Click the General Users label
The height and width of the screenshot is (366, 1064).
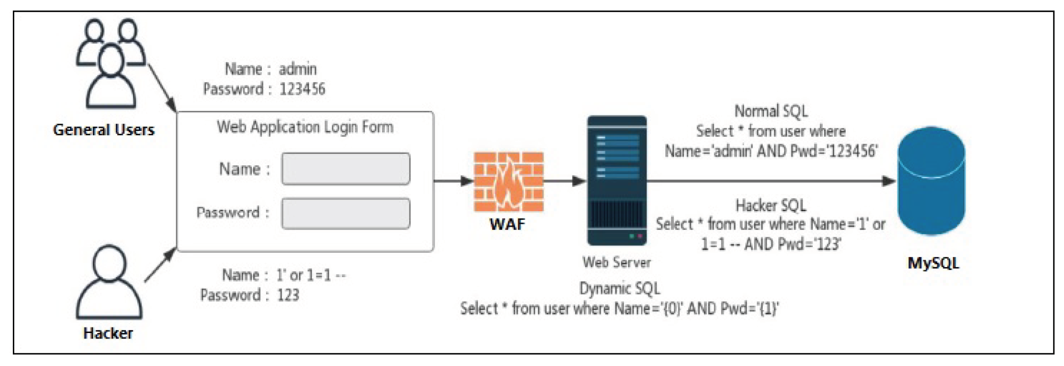(104, 130)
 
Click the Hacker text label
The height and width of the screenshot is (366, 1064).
(108, 333)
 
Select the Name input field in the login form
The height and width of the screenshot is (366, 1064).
(346, 169)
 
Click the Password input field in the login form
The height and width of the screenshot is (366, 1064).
(346, 213)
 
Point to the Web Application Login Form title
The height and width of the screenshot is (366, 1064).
(305, 127)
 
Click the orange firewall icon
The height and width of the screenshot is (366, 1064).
(508, 182)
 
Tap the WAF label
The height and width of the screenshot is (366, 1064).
(507, 224)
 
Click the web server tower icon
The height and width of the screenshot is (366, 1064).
(617, 180)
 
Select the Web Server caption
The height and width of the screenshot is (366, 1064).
(616, 262)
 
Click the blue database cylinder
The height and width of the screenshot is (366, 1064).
(931, 181)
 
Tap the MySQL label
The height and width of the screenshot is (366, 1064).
(933, 263)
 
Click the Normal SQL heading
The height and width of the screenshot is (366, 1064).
(771, 111)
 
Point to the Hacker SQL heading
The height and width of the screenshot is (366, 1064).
(771, 205)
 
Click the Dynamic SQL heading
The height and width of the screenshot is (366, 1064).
(619, 289)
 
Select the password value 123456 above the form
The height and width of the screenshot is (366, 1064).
(302, 89)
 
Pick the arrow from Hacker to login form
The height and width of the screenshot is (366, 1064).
(160, 265)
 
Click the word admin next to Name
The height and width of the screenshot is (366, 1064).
(298, 69)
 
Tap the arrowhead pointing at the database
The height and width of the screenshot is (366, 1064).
(888, 181)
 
